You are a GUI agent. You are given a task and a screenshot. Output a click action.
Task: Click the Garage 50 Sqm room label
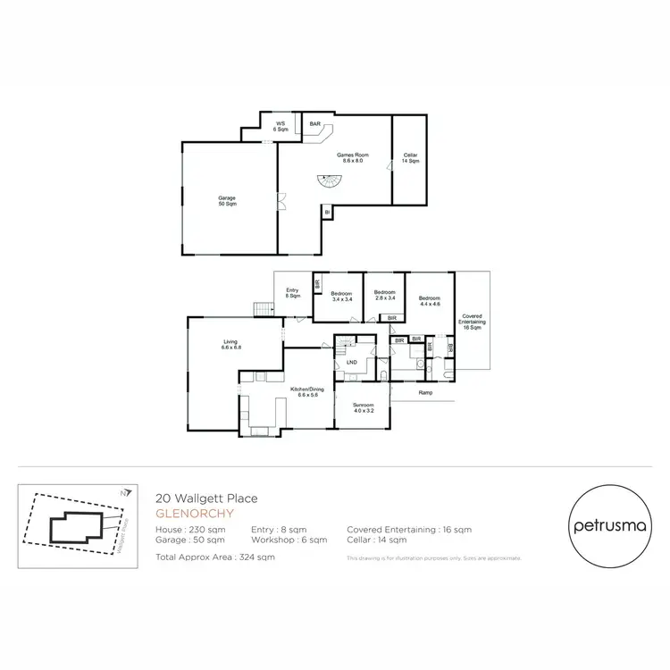228,201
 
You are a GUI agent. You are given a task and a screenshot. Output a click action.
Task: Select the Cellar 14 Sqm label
410,158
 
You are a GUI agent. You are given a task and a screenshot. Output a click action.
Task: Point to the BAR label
314,124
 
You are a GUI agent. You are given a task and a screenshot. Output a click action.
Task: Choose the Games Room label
353,157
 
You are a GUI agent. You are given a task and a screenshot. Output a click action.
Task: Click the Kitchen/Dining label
306,392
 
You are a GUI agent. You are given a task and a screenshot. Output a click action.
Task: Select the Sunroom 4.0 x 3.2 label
362,408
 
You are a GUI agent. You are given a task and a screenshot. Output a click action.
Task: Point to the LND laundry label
352,362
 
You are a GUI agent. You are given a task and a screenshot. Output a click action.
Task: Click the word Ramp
426,392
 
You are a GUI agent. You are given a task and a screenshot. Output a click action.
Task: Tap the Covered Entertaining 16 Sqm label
472,322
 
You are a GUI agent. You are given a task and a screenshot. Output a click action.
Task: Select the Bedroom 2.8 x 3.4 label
385,296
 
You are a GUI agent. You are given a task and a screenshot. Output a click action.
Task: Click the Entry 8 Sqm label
292,292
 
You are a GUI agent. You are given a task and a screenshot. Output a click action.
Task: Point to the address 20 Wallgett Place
207,500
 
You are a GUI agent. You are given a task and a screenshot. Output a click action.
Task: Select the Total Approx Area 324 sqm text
215,557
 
